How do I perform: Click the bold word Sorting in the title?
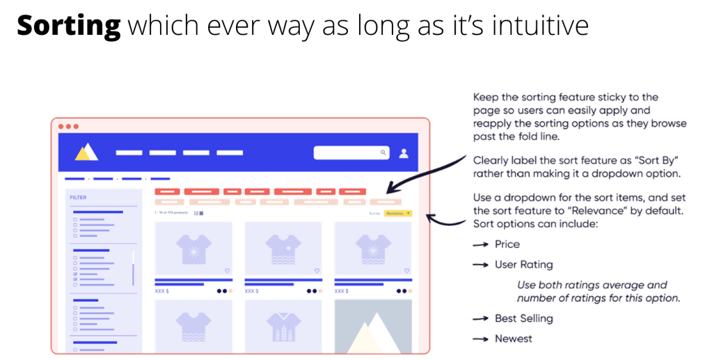click(69, 26)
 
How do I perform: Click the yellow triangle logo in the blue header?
click(87, 152)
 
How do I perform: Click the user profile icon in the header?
click(404, 153)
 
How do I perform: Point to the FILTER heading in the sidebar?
click(78, 197)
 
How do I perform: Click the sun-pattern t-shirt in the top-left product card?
click(193, 247)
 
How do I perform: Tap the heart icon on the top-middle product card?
click(317, 271)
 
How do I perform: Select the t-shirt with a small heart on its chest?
click(283, 247)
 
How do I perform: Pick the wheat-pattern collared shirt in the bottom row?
click(283, 325)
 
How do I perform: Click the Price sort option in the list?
click(507, 244)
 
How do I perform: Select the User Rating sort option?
click(523, 265)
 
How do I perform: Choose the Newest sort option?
click(514, 339)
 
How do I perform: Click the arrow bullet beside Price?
click(480, 245)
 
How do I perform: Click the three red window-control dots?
click(68, 126)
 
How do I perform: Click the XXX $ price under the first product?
click(161, 290)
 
